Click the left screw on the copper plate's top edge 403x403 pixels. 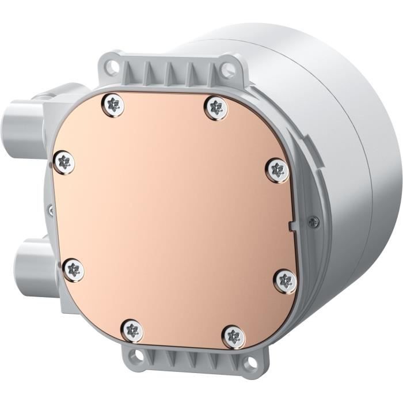coord(114,105)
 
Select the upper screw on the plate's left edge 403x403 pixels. coord(64,162)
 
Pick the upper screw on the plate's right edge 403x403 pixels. coord(278,170)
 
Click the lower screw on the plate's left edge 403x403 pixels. coord(73,270)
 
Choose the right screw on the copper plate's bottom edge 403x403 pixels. coord(234,336)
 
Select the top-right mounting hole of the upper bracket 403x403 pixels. coord(228,70)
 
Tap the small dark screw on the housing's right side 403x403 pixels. coord(313,220)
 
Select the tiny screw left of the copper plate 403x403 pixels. coord(51,211)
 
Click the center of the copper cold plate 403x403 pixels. coord(173,219)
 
